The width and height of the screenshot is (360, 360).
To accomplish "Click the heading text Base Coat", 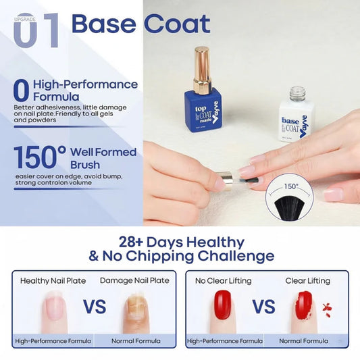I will coord(140,24).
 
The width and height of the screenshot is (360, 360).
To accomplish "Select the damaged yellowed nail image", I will coord(135,310).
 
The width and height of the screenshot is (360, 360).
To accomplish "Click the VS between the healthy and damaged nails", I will coord(95,307).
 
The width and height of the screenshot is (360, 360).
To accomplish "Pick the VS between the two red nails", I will coord(263,307).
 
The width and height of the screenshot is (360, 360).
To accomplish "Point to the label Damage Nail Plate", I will coord(134,280).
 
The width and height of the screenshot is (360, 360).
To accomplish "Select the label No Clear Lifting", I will coord(223,280).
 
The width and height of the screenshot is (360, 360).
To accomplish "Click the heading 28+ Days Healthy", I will coord(180,242).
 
